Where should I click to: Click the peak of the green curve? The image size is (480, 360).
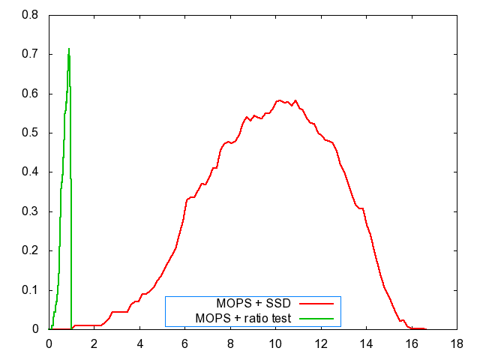coord(69,49)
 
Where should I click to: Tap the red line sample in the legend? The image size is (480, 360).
coord(316,304)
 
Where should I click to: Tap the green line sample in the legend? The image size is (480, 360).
coord(316,318)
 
